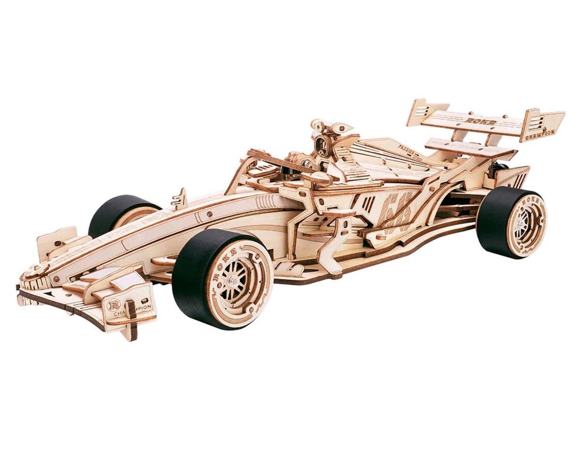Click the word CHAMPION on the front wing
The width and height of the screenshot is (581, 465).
click(133, 310)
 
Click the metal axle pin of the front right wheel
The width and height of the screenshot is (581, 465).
click(233, 281)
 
